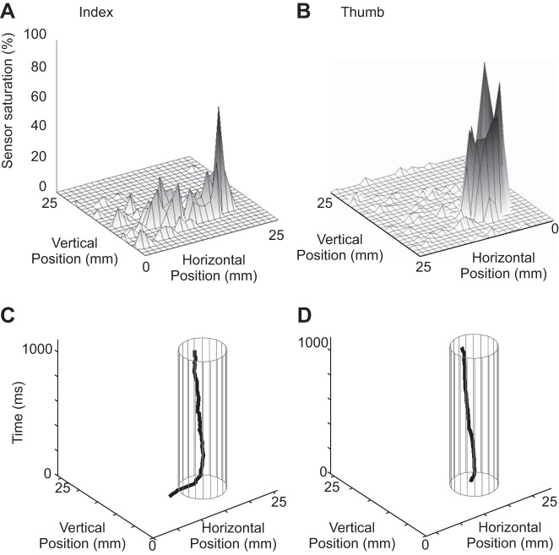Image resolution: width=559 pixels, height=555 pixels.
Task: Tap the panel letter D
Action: [290, 317]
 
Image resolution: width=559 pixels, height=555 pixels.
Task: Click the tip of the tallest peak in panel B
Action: [484, 63]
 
